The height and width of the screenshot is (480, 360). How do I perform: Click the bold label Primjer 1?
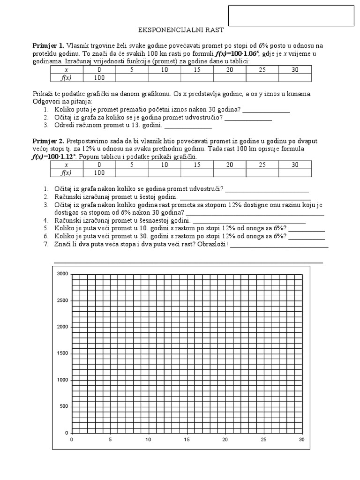48,45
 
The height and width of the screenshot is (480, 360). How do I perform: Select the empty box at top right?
291,15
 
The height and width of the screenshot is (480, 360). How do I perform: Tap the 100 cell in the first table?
99,77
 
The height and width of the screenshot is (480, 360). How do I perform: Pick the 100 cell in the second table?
99,172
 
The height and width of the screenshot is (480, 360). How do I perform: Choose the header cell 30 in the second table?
295,165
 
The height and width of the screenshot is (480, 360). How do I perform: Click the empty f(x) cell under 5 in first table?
132,77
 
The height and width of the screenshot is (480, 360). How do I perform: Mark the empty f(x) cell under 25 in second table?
262,172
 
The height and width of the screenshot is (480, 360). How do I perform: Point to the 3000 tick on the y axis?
62,274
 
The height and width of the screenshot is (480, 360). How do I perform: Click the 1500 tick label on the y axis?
62,353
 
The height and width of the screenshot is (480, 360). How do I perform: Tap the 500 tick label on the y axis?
64,406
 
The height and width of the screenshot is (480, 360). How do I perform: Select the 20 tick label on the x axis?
225,440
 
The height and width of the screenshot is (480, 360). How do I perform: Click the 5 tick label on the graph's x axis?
110,440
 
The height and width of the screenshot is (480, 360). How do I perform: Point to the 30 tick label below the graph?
301,440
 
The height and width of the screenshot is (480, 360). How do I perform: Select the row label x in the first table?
67,70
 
